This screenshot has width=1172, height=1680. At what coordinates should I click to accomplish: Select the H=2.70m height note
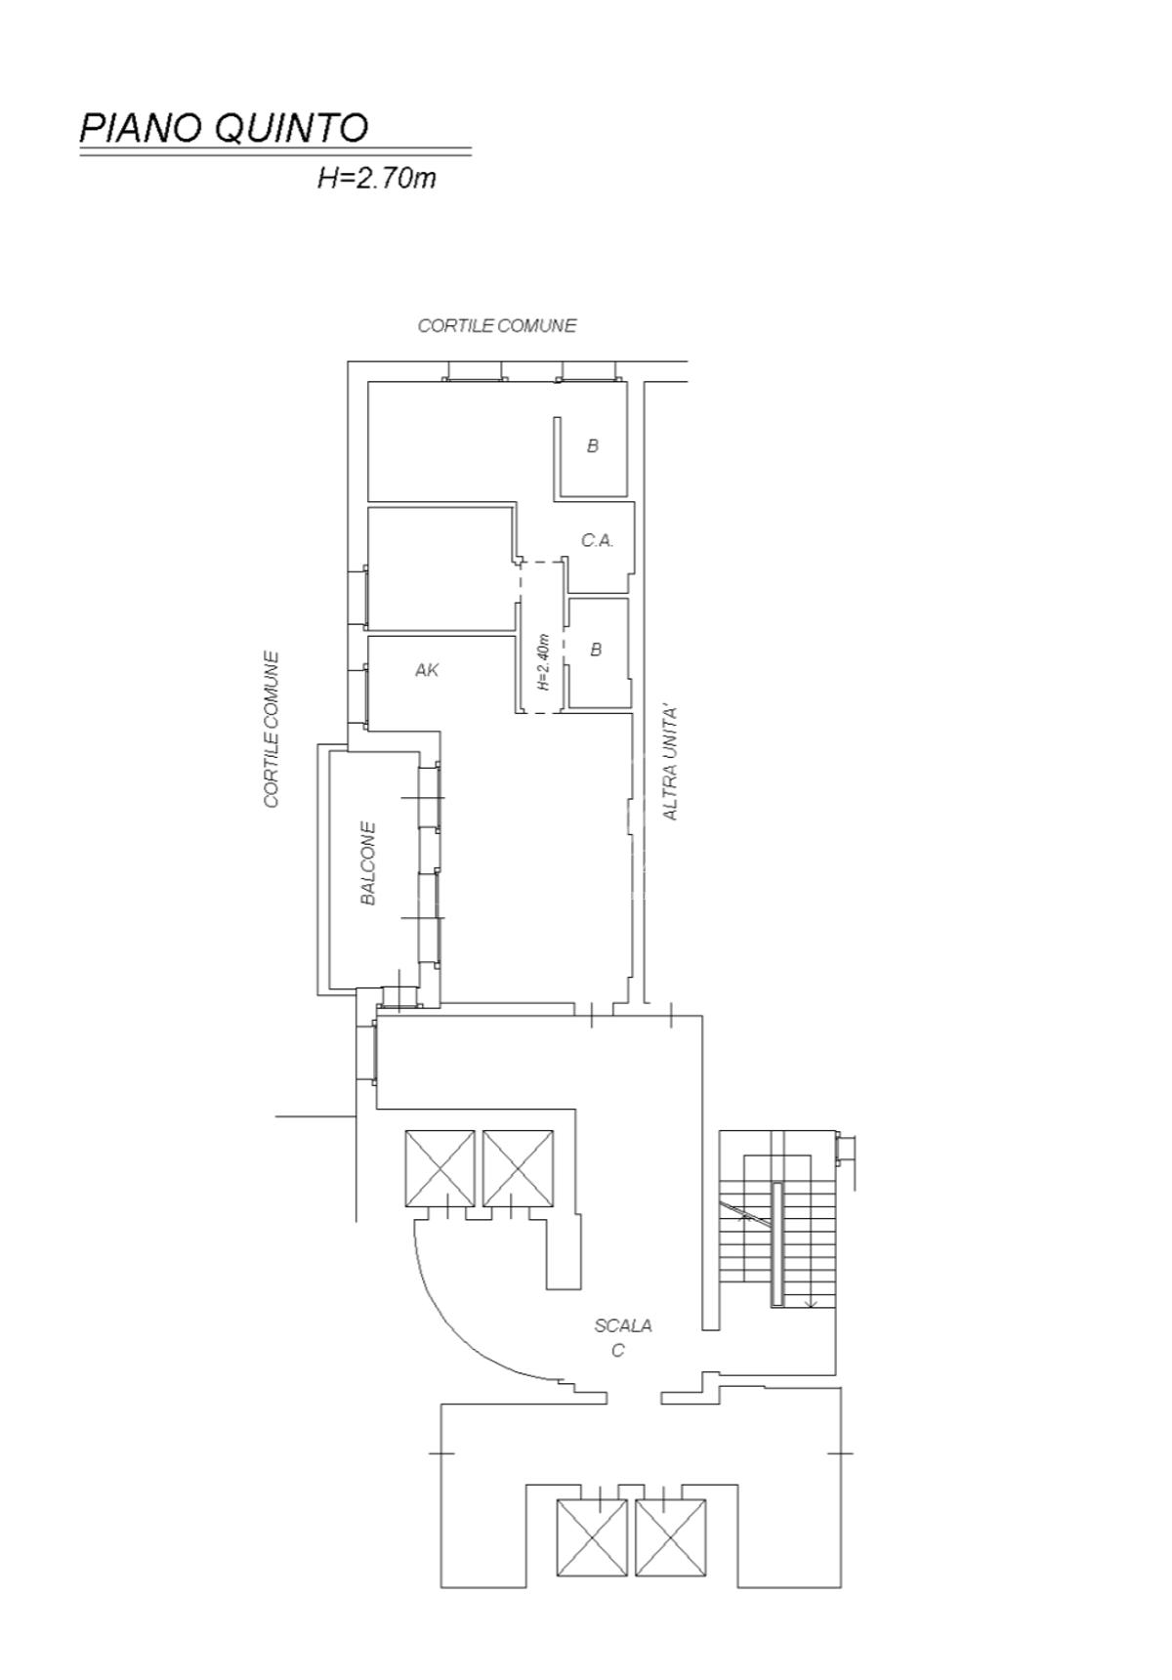377,179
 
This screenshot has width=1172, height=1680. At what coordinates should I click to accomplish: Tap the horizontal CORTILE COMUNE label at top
497,325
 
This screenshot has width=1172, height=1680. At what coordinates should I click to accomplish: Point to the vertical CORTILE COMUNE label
272,730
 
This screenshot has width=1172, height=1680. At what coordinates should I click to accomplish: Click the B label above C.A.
592,446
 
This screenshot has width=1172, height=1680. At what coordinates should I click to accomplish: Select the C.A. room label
597,540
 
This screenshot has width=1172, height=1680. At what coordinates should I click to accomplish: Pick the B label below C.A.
596,650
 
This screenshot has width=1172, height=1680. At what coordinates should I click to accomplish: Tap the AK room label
427,670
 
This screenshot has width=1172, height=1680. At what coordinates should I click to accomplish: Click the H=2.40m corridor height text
544,662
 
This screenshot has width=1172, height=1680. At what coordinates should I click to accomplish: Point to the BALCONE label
368,863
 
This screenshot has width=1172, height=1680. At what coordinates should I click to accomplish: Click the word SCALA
623,1325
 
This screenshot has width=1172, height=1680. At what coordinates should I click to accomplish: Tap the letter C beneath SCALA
617,1351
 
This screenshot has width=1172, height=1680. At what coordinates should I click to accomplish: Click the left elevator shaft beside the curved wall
439,1168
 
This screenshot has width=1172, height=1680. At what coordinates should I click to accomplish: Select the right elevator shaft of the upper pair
518,1168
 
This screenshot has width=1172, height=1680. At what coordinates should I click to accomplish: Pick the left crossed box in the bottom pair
592,1537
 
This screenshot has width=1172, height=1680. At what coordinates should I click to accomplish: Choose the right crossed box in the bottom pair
670,1537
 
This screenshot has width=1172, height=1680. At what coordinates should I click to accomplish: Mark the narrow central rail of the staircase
776,1243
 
